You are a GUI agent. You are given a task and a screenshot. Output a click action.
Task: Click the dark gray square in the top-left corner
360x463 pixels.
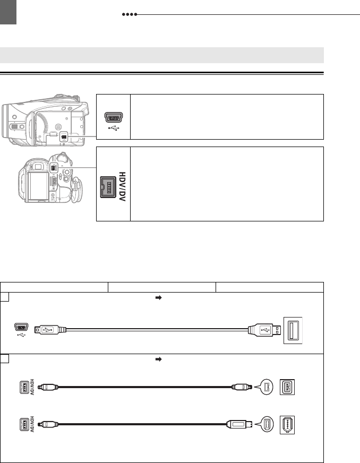pos(8,12)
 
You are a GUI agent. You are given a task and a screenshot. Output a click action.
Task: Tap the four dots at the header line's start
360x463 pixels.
pos(130,14)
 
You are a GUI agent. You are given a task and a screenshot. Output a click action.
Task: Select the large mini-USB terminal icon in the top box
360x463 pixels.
pos(114,117)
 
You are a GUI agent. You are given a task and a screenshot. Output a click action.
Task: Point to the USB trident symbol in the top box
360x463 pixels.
pos(114,128)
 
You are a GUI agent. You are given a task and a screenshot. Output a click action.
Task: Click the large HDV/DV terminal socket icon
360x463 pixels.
pos(108,187)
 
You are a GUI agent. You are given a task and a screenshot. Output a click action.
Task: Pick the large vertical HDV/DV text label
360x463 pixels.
pos(122,186)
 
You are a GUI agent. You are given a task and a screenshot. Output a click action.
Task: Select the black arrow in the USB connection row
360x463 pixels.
pos(159,298)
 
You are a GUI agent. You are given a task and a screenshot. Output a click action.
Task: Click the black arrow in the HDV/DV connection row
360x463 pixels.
pos(159,359)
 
